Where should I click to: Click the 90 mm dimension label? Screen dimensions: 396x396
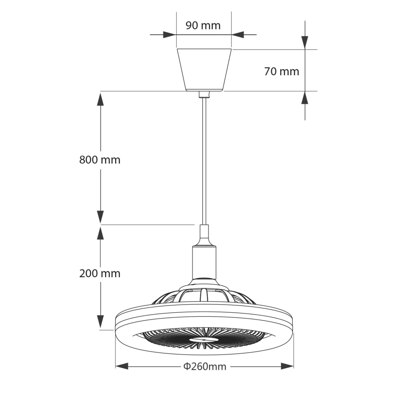(203, 25)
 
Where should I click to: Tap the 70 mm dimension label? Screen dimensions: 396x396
(281, 71)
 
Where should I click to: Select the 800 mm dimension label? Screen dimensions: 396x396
(100, 160)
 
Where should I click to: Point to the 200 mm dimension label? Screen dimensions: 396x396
(100, 273)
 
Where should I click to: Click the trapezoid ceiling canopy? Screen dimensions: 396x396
(205, 70)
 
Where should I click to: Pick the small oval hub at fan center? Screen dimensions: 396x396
(204, 339)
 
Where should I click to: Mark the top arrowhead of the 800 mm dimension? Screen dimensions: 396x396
(101, 99)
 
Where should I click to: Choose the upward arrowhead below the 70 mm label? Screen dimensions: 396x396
(305, 98)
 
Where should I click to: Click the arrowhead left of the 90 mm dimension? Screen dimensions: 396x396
(169, 34)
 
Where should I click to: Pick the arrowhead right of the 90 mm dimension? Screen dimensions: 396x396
(238, 34)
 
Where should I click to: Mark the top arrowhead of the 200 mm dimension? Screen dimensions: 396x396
(101, 233)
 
